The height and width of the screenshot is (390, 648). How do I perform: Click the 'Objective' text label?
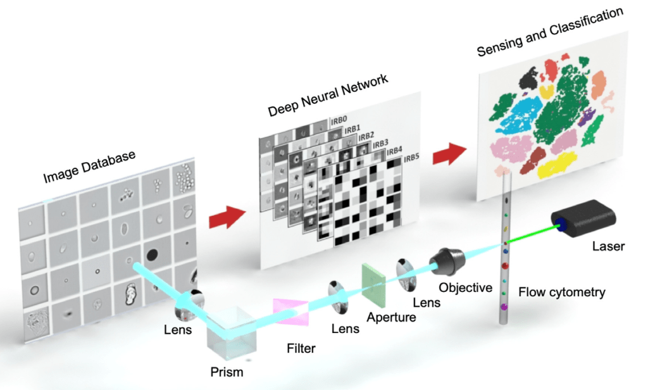(466, 288)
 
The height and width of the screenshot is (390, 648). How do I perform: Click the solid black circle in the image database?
(153, 255)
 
